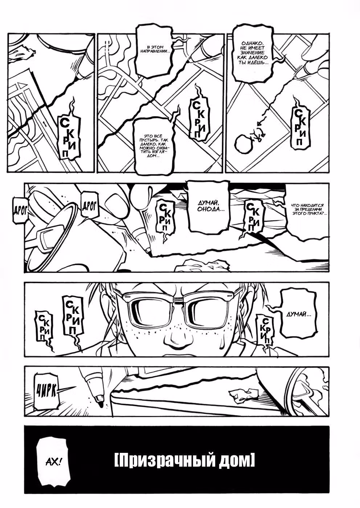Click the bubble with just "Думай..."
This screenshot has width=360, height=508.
click(x=298, y=315)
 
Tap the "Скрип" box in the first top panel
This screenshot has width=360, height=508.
click(x=69, y=137)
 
